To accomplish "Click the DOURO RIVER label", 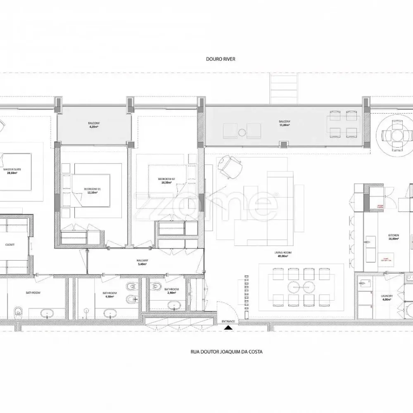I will [x=221, y=59].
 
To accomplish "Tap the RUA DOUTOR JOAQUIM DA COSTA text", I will [x=226, y=352].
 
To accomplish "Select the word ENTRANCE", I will [x=228, y=321].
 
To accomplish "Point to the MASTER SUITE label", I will [x=12, y=171].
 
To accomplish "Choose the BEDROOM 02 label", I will [x=166, y=180].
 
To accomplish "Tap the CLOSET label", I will [x=10, y=244].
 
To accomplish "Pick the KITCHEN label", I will [x=393, y=236].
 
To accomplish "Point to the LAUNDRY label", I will [x=387, y=297].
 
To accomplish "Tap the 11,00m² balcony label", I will [x=284, y=123].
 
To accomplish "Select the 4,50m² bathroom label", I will [x=110, y=294].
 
